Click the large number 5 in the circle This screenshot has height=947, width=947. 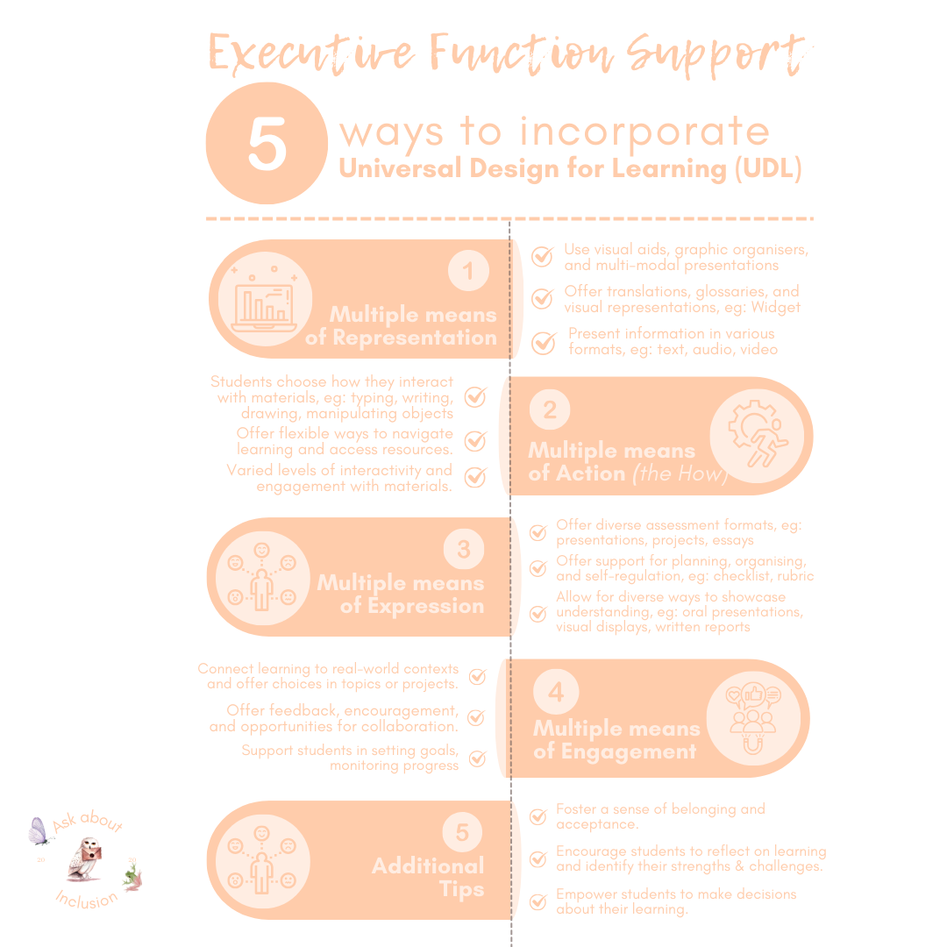coord(267,144)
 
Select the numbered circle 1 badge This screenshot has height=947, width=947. coord(468,271)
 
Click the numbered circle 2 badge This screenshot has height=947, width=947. coord(550,409)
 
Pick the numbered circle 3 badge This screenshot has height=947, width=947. coord(463,550)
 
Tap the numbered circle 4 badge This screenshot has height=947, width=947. coord(556,693)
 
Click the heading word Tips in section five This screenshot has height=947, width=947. coord(461,889)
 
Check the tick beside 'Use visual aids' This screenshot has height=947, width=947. coord(543,257)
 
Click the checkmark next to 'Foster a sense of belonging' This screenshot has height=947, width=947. coord(538,817)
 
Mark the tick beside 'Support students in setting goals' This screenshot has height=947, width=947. coord(477,758)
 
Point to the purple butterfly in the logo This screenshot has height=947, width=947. coord(38,831)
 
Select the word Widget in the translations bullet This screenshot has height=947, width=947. coord(775,307)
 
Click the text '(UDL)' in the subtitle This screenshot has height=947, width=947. coord(768,168)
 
